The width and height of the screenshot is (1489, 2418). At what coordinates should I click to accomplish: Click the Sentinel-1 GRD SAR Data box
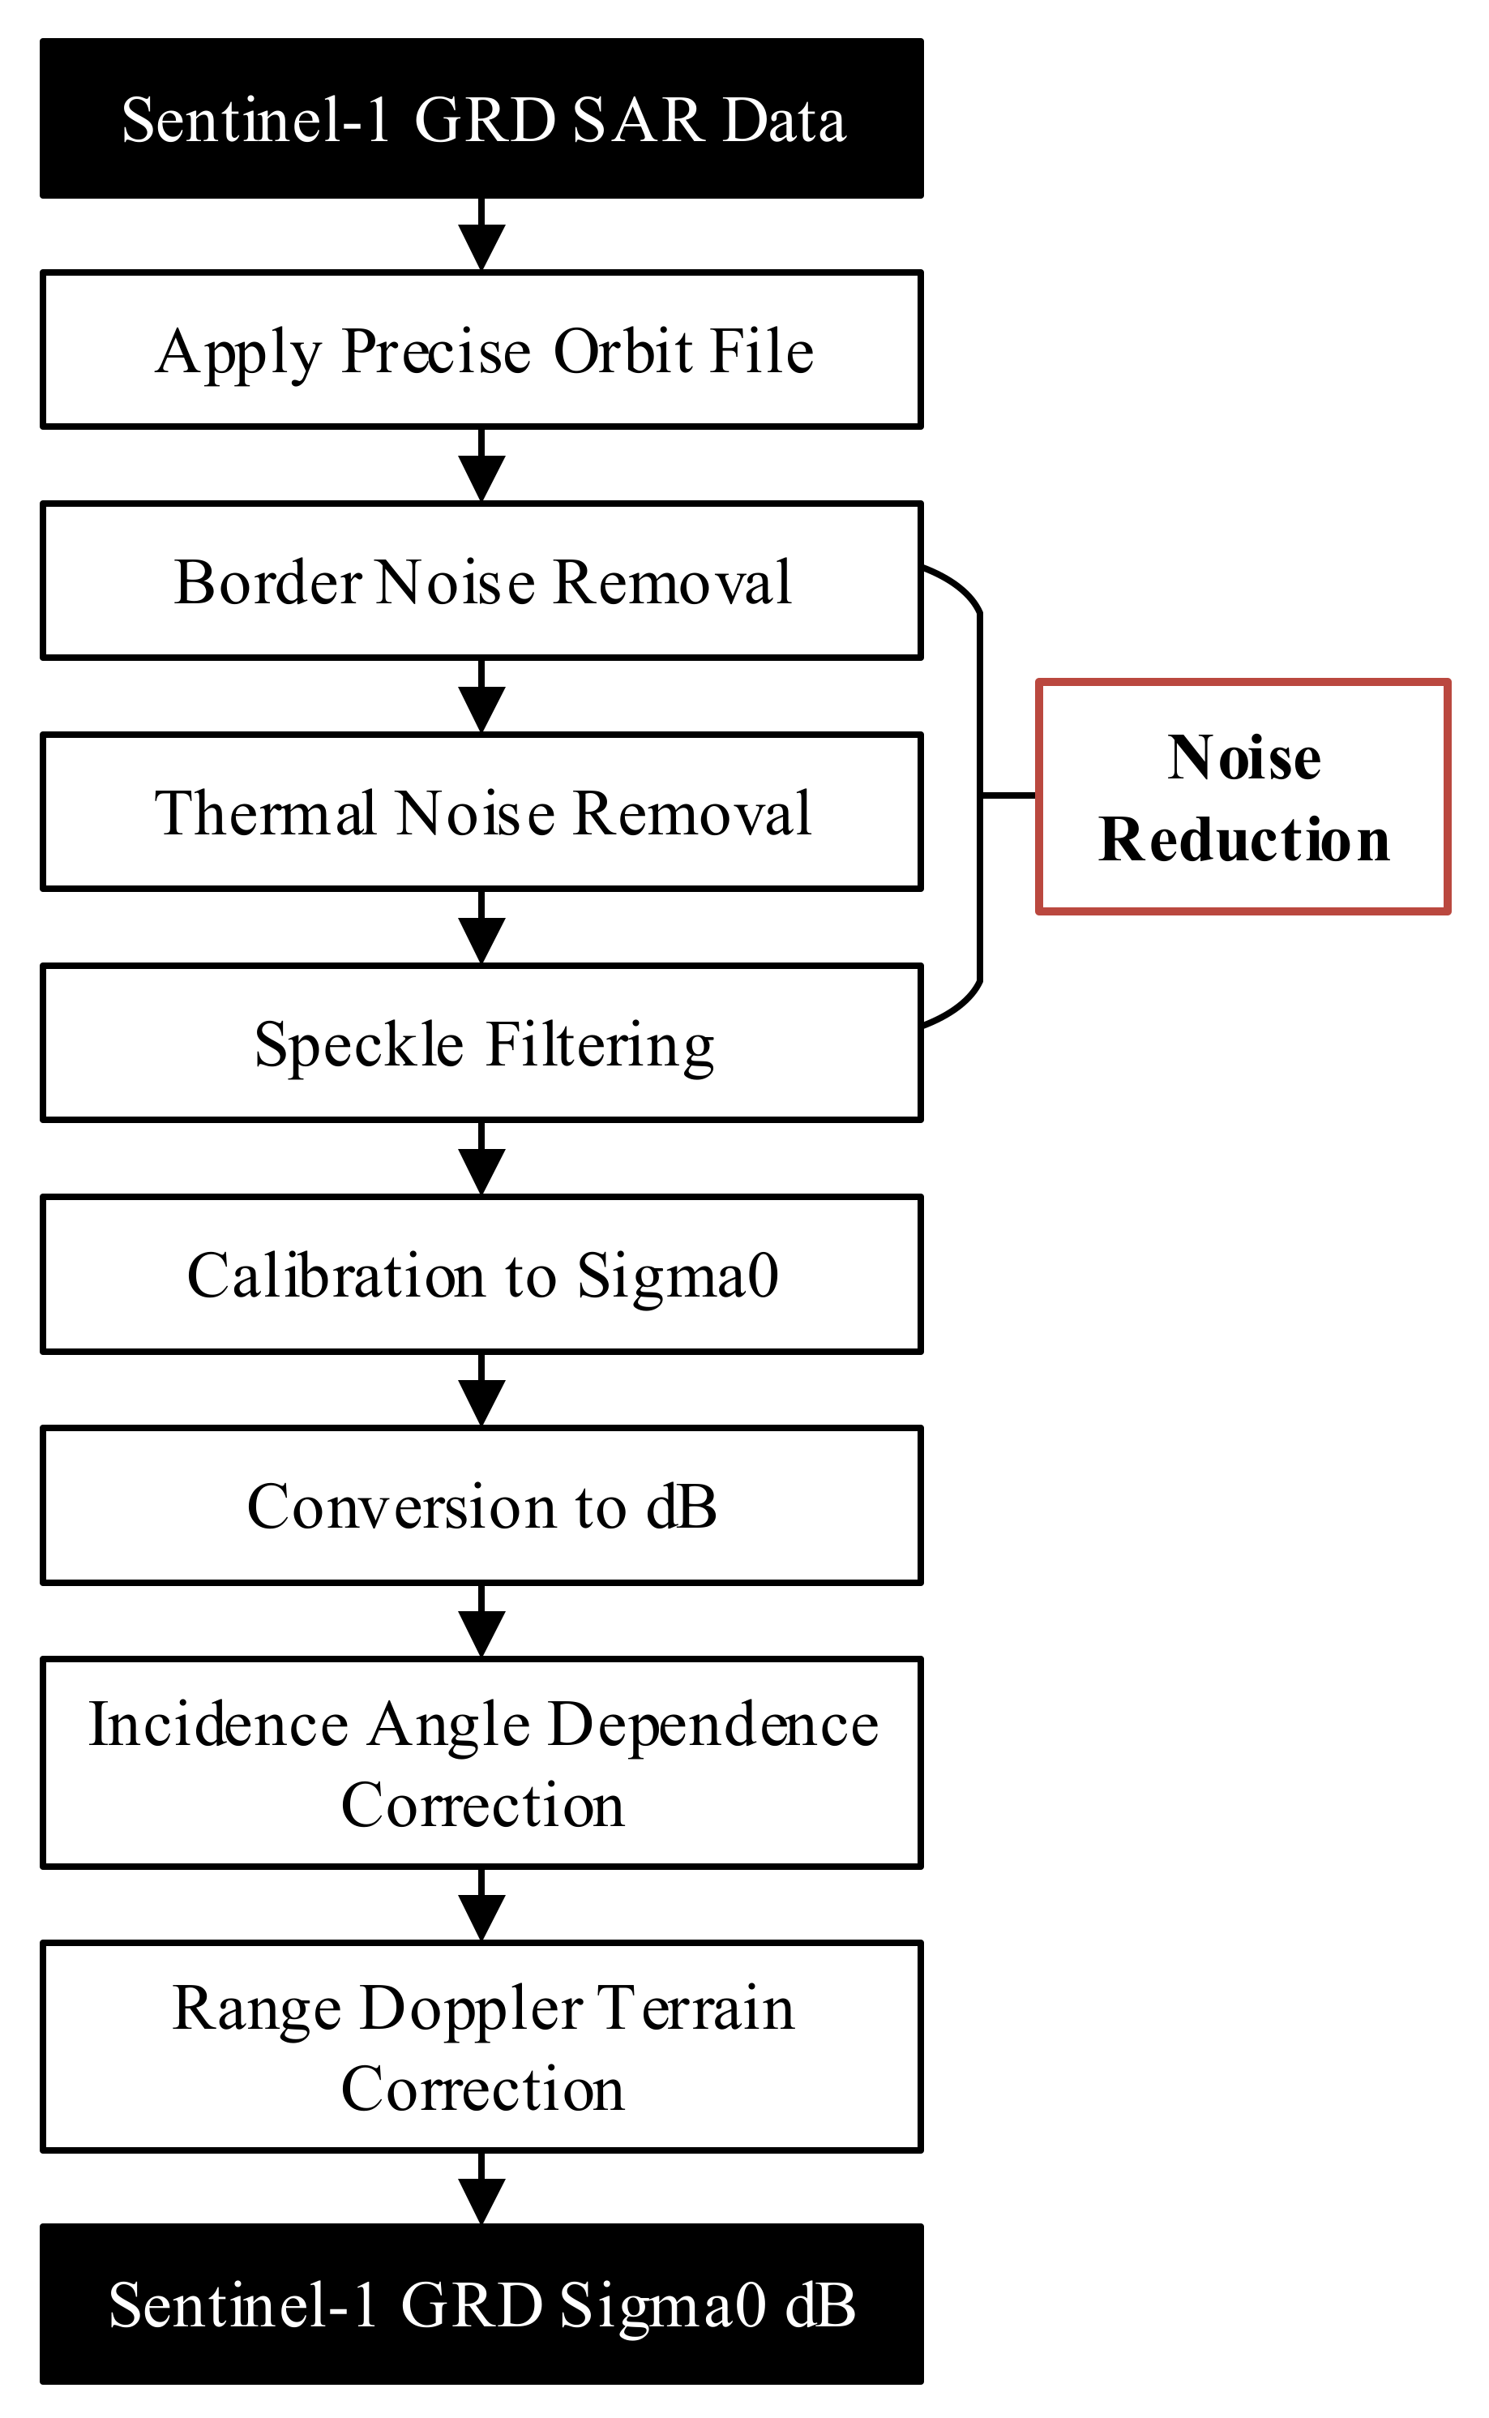click(x=481, y=119)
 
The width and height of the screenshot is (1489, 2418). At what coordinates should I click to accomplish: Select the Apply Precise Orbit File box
click(x=481, y=350)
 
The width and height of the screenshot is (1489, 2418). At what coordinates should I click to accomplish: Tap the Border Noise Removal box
click(x=481, y=581)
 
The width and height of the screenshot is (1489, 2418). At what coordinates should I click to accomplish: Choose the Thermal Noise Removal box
click(x=481, y=812)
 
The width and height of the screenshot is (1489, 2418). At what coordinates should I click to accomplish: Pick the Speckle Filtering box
click(x=481, y=1043)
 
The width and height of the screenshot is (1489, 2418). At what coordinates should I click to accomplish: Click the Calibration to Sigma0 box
click(x=481, y=1275)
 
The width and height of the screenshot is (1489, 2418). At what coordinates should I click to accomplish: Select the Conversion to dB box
click(x=481, y=1506)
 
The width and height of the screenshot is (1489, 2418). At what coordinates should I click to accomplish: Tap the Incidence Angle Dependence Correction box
click(x=481, y=1763)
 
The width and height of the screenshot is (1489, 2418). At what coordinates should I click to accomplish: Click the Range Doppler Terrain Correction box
click(x=481, y=2047)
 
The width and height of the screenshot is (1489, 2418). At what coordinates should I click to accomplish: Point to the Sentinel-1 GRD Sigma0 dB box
click(x=481, y=2304)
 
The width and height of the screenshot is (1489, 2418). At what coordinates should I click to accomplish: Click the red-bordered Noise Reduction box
click(x=1243, y=797)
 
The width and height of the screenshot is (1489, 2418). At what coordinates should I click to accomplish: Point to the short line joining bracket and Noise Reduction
click(x=1008, y=794)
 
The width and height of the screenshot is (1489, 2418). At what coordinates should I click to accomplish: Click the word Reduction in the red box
click(x=1243, y=839)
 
